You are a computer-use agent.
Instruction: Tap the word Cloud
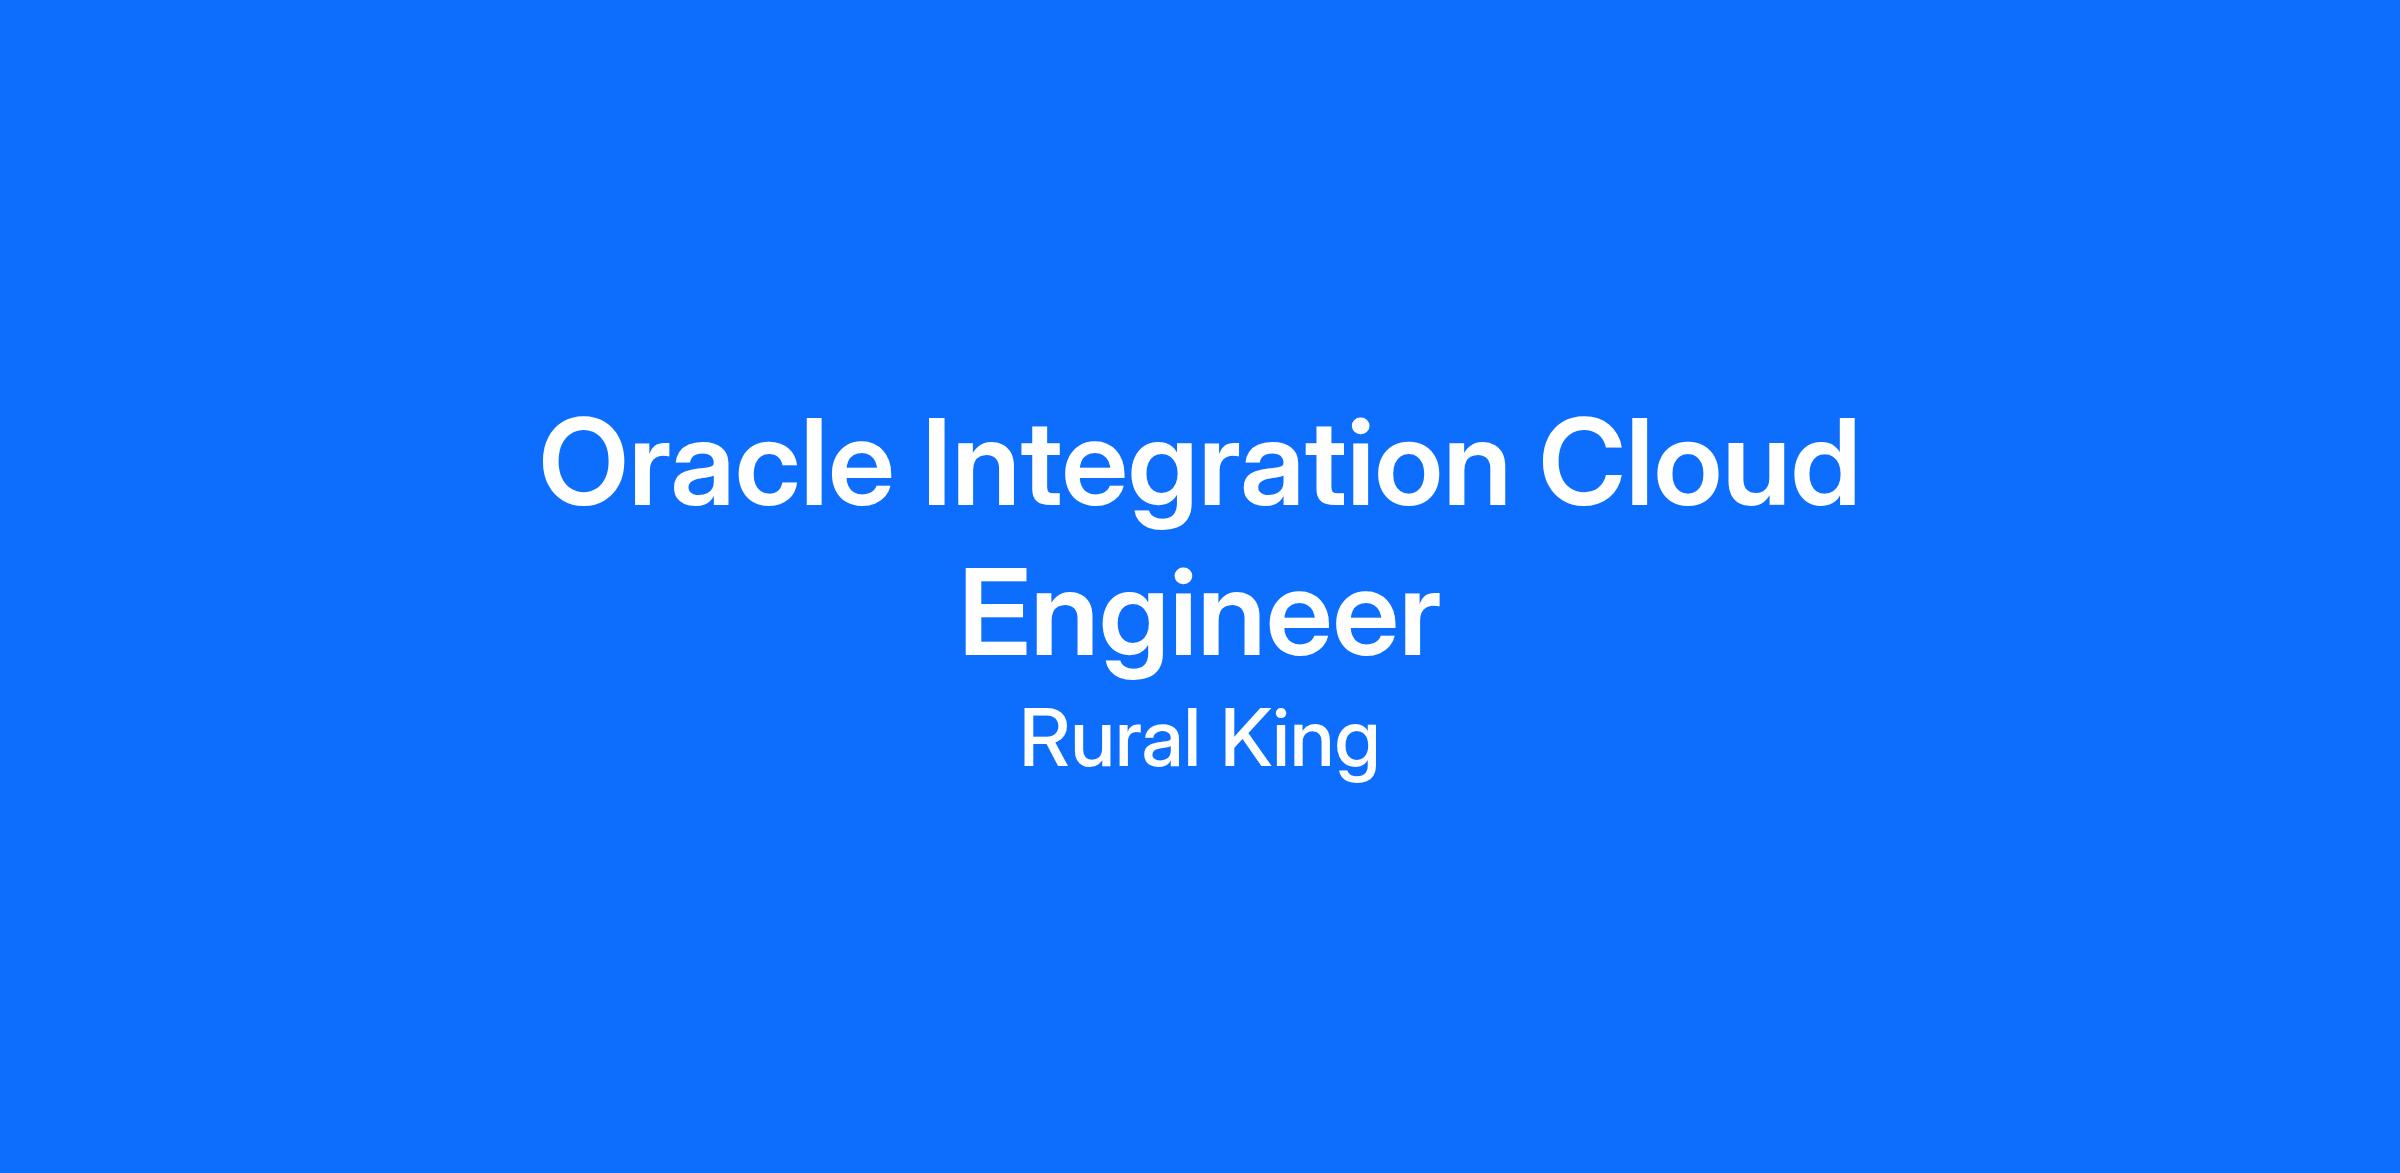tap(1698, 463)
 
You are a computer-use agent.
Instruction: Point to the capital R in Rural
tap(1043, 739)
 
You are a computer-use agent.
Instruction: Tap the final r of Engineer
tap(1420, 624)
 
